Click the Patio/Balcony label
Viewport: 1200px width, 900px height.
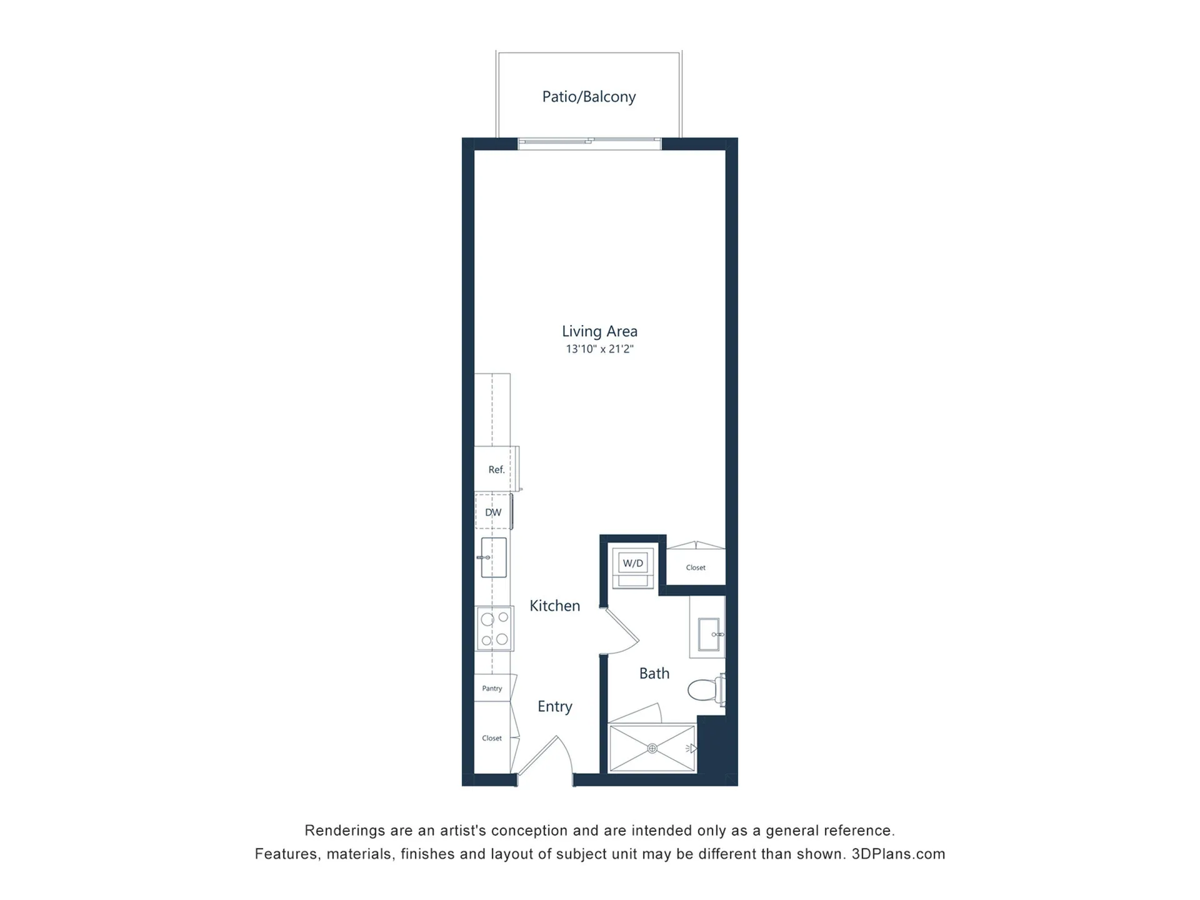pyautogui.click(x=589, y=97)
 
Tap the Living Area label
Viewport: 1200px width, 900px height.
pyautogui.click(x=599, y=331)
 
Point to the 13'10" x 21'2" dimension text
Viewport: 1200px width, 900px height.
pyautogui.click(x=599, y=349)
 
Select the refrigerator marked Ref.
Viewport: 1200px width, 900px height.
pyautogui.click(x=497, y=469)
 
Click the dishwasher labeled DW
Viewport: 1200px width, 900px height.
pyautogui.click(x=494, y=512)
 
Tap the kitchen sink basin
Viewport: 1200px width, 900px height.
pyautogui.click(x=494, y=557)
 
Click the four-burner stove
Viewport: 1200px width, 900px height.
pyautogui.click(x=494, y=629)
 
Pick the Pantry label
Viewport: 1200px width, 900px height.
pyautogui.click(x=492, y=689)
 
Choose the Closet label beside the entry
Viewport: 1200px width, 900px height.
pyautogui.click(x=492, y=738)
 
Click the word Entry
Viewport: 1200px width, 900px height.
pyautogui.click(x=555, y=707)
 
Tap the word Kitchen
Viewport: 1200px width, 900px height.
pyautogui.click(x=555, y=606)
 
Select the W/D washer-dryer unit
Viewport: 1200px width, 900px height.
pyautogui.click(x=633, y=567)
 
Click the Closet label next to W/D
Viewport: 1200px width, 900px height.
pyautogui.click(x=696, y=567)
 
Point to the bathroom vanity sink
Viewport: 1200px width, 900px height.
pyautogui.click(x=709, y=634)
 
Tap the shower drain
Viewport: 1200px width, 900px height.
pyautogui.click(x=652, y=748)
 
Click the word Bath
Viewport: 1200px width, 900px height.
pyautogui.click(x=654, y=674)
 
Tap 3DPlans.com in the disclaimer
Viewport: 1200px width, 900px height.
pyautogui.click(x=898, y=854)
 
